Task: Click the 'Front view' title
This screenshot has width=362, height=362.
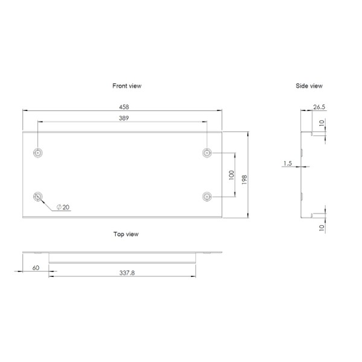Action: pos(127,86)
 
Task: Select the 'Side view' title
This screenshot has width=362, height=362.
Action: pos(309,86)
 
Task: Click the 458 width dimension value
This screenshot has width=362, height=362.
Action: pos(123,106)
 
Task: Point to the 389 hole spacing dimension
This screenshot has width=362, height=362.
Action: pos(123,118)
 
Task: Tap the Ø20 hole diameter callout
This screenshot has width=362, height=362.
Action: pos(63,207)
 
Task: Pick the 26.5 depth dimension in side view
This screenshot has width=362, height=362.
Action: pos(319,107)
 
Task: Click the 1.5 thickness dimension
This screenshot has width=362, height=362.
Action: pos(287,164)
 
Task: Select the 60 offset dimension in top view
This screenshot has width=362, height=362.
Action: pos(36,267)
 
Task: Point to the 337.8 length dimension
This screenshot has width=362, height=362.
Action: pos(123,273)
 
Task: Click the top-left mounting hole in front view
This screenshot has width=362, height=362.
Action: pos(38,153)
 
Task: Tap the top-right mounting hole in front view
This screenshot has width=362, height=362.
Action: pos(208,153)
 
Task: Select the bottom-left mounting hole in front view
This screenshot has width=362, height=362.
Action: pos(38,197)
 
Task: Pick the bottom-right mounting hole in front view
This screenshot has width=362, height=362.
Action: pos(208,197)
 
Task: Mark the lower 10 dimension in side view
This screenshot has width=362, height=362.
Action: pos(322,227)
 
